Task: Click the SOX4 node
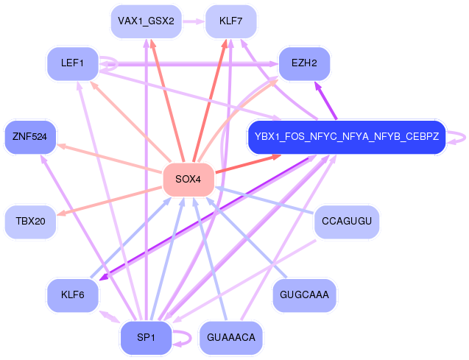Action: (188, 180)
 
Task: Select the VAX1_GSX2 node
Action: (146, 21)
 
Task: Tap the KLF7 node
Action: (231, 21)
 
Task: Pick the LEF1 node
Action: (72, 63)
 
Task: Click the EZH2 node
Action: (304, 63)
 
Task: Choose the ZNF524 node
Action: (30, 137)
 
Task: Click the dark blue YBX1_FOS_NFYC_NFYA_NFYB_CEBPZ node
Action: (347, 137)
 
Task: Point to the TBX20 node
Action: (30, 222)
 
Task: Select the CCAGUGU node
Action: (347, 222)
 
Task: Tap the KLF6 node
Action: (72, 295)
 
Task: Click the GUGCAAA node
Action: (304, 295)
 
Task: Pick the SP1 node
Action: (146, 338)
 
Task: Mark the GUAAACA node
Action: (231, 338)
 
